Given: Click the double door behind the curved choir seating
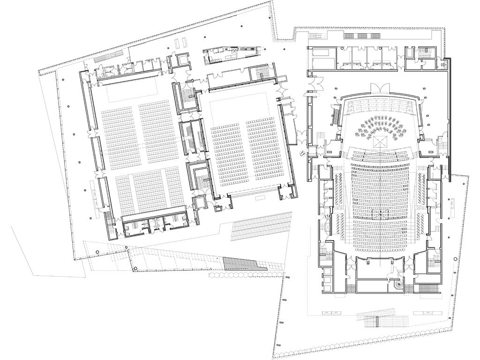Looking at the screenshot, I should pyautogui.click(x=380, y=88).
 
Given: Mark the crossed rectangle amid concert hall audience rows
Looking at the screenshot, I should pyautogui.click(x=379, y=214).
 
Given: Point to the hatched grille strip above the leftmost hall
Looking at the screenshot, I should pyautogui.click(x=106, y=59).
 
